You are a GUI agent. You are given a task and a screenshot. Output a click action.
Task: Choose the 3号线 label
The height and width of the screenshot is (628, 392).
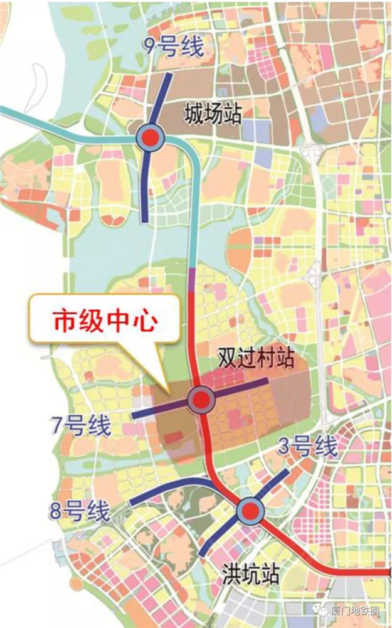coord(308,447)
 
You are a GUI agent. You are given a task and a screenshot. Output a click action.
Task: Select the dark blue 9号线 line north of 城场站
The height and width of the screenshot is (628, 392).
coord(162,100)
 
